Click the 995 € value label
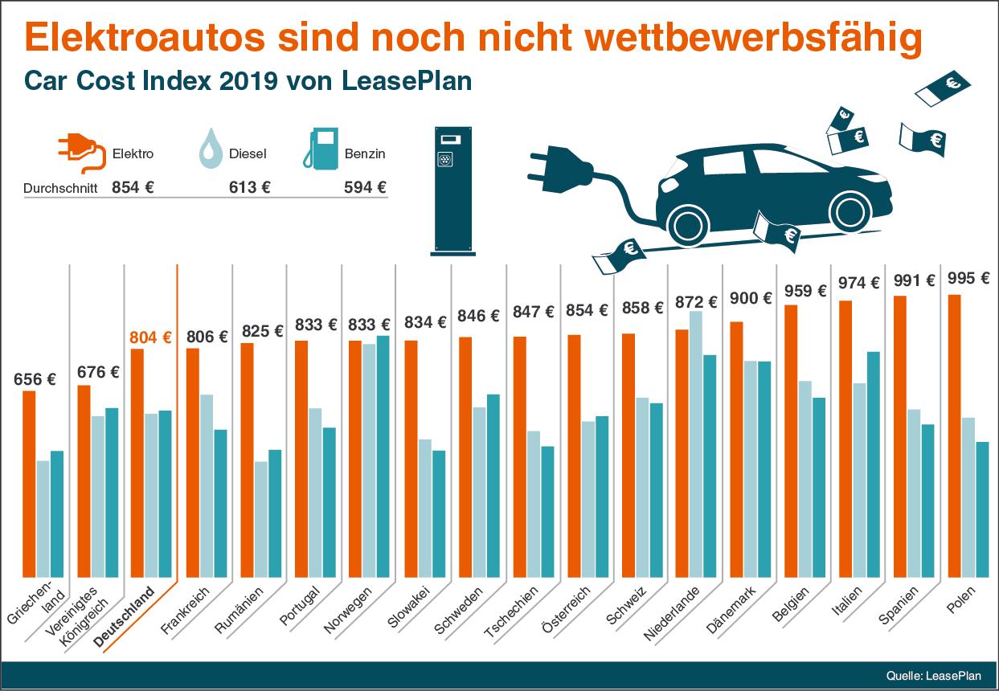(x=968, y=279)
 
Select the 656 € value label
(x=35, y=380)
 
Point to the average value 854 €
(x=133, y=187)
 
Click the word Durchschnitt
(x=60, y=189)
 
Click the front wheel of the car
(x=850, y=211)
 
